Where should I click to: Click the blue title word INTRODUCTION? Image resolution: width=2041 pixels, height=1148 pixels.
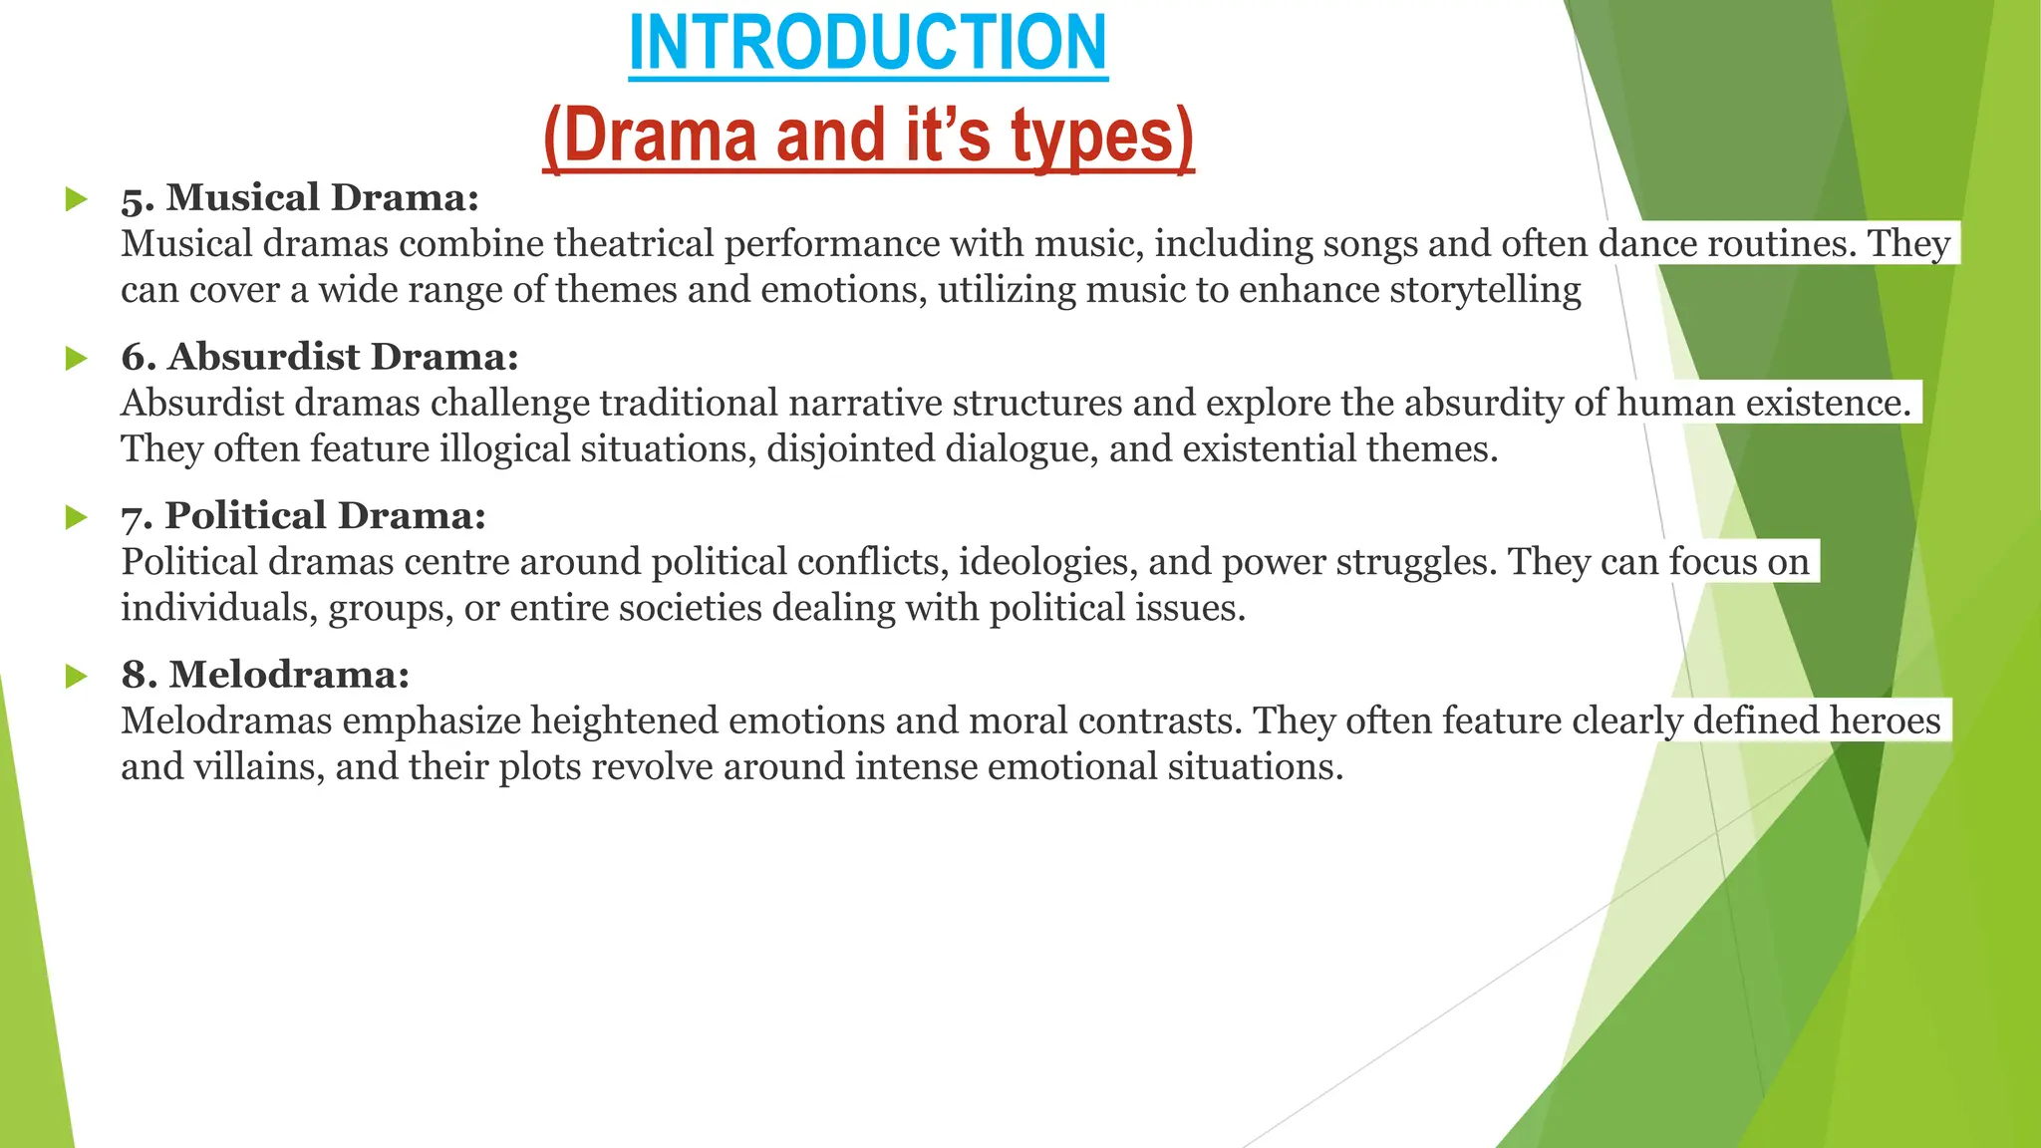pyautogui.click(x=868, y=43)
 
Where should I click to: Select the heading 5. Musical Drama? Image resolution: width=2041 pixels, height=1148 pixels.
pyautogui.click(x=300, y=197)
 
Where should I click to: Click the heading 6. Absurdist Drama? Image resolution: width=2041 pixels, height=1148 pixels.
pyautogui.click(x=320, y=357)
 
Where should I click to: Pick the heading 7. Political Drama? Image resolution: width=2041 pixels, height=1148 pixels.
pyautogui.click(x=304, y=515)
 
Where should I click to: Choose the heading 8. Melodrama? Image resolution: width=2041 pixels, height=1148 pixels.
pyautogui.click(x=265, y=675)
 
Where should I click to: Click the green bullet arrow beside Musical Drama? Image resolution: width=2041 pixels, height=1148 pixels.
pyautogui.click(x=76, y=199)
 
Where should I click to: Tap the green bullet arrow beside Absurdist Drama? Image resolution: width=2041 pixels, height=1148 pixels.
pyautogui.click(x=76, y=359)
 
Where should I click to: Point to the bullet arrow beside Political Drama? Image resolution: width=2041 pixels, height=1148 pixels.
pyautogui.click(x=76, y=517)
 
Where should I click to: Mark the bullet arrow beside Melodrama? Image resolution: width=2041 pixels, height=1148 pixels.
pyautogui.click(x=76, y=677)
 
